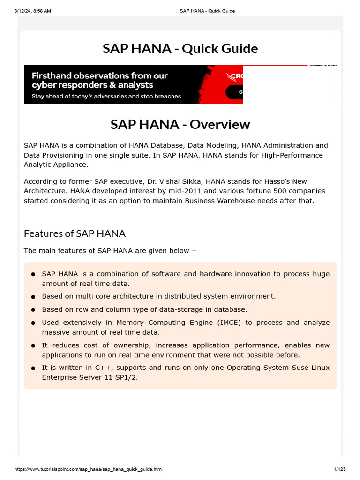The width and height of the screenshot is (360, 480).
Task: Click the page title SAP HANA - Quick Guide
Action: click(180, 49)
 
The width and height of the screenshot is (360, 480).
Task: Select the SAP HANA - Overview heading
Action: click(180, 125)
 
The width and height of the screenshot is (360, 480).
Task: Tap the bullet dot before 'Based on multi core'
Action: click(33, 297)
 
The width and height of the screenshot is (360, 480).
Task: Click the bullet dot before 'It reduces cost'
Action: click(33, 345)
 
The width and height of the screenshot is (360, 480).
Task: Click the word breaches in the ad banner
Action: click(167, 96)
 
